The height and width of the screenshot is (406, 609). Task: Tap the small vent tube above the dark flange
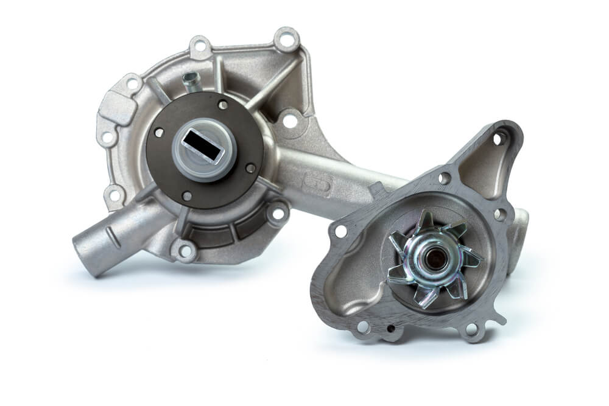[191, 82]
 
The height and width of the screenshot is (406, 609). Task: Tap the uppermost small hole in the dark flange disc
[223, 105]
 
